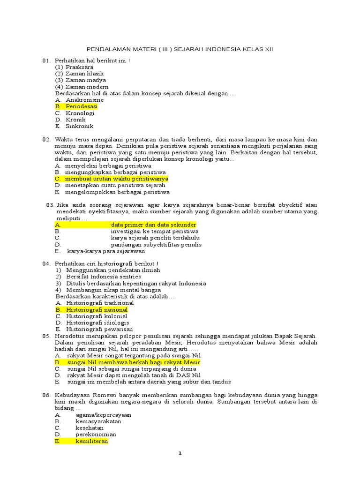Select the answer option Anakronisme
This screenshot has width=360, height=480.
point(84,100)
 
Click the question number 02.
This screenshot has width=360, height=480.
point(46,140)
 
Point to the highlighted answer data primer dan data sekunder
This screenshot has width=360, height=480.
point(153,225)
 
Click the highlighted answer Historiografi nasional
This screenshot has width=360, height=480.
point(97,310)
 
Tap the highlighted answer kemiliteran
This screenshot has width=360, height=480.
point(92,441)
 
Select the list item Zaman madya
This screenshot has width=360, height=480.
point(86,80)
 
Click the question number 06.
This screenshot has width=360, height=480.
point(46,396)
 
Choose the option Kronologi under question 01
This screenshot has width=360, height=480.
point(80,113)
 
